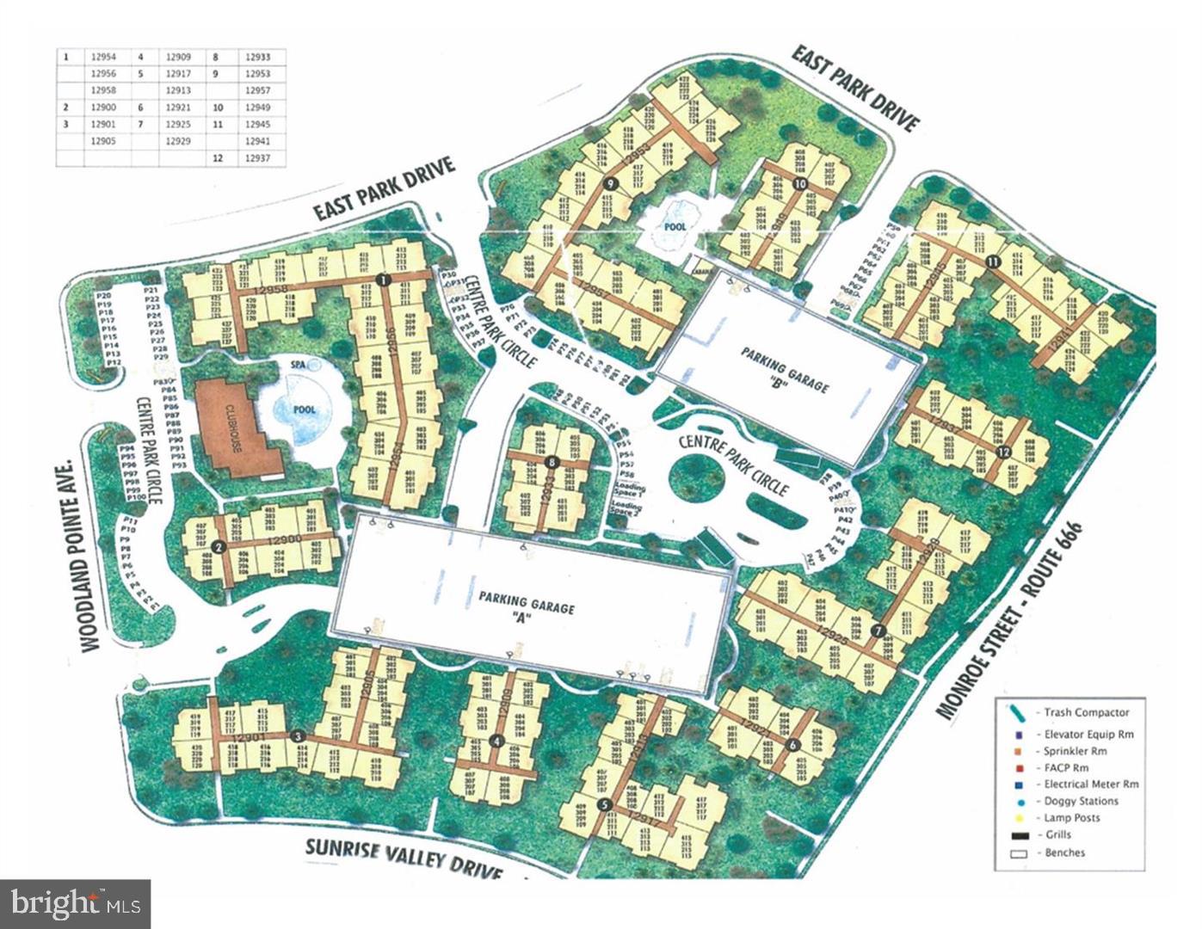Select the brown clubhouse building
pos(237,427)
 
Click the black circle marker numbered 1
pos(384,279)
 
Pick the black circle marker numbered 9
pos(610,184)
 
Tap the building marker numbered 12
pos(1002,452)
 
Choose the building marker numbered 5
pos(604,804)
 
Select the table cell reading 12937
pos(258,158)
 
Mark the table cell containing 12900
pos(102,108)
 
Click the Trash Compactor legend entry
pos(1086,713)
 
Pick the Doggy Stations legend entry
pos(1081,801)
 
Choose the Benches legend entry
pos(1064,852)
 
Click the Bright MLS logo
pos(76,904)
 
